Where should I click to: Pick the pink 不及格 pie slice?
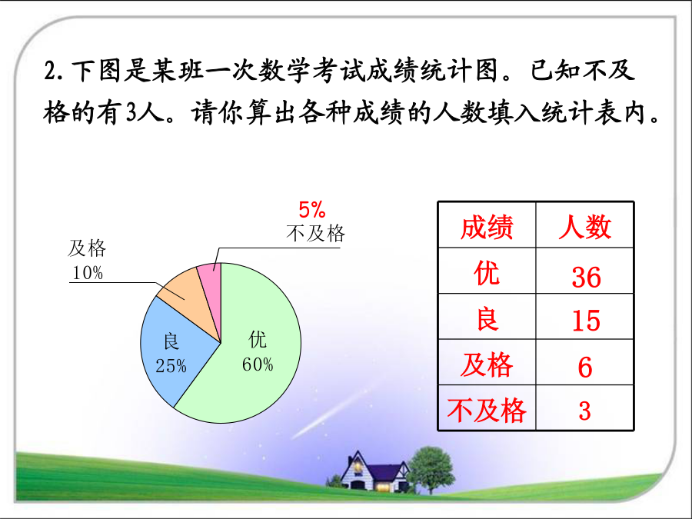[x=211, y=282]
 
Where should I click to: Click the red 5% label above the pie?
[x=312, y=210]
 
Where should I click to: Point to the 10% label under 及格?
[x=88, y=273]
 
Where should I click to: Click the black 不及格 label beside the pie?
[x=315, y=233]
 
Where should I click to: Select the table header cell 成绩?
[x=487, y=227]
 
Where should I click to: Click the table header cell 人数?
[x=585, y=227]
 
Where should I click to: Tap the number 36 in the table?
[x=586, y=277]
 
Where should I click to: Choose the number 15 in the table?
[x=586, y=321]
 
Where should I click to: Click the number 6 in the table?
[x=585, y=367]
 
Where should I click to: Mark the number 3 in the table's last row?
[x=585, y=411]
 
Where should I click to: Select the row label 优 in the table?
[x=487, y=273]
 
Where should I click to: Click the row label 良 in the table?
[x=487, y=319]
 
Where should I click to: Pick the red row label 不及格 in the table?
[x=487, y=410]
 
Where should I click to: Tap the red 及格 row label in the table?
[x=487, y=365]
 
